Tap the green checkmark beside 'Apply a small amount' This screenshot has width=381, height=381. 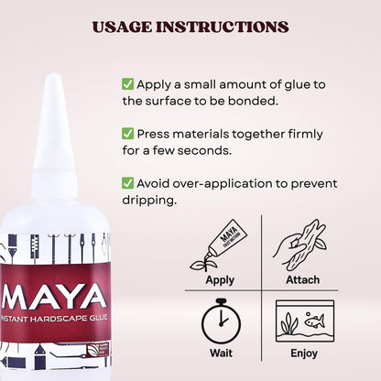[127, 83]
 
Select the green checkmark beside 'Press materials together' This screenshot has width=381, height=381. [127, 132]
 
